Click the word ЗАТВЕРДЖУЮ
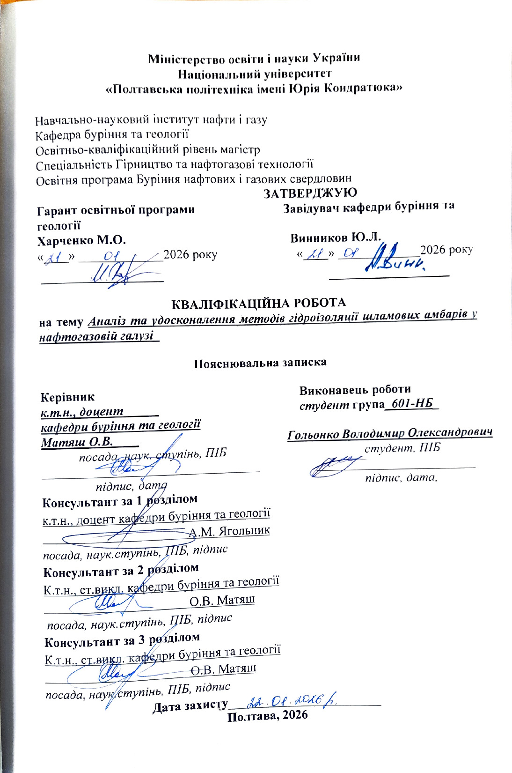[310, 193]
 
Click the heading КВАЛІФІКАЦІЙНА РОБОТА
[258, 303]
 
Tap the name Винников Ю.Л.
[336, 237]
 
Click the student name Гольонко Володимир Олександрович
[390, 433]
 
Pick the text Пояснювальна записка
[260, 363]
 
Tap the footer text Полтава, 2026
[268, 715]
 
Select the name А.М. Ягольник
[229, 531]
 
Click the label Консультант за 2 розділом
[121, 571]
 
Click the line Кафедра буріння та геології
[112, 135]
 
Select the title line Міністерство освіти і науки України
[254, 59]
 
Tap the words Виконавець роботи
[355, 389]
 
